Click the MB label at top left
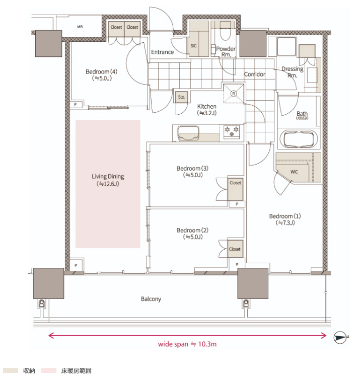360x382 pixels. click(80, 27)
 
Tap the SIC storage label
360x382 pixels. click(193, 46)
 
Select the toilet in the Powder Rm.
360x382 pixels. click(226, 31)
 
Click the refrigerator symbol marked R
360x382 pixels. click(234, 94)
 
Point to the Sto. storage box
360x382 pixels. click(182, 97)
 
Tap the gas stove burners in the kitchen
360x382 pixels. click(232, 131)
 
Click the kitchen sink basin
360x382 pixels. click(188, 133)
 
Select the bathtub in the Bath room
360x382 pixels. click(299, 139)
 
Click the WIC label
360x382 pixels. click(294, 172)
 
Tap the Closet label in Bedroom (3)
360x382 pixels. click(235, 183)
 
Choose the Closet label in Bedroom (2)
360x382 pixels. click(235, 249)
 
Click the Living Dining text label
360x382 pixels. click(108, 177)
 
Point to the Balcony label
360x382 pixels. click(151, 299)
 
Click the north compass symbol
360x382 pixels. click(340, 337)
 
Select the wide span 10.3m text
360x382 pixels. click(187, 344)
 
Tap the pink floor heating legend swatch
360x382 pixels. click(49, 370)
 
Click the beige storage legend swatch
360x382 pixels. click(11, 370)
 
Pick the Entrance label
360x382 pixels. click(162, 52)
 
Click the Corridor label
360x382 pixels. click(254, 74)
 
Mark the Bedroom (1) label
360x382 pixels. click(285, 216)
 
